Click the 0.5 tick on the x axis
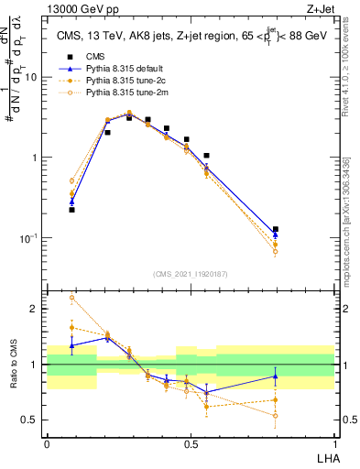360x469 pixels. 191,442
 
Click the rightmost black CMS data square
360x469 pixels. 276,229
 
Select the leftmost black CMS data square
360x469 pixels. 72,210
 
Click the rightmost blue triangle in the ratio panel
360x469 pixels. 276,376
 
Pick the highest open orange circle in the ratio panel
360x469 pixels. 72,298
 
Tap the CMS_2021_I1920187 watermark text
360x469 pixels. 191,273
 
